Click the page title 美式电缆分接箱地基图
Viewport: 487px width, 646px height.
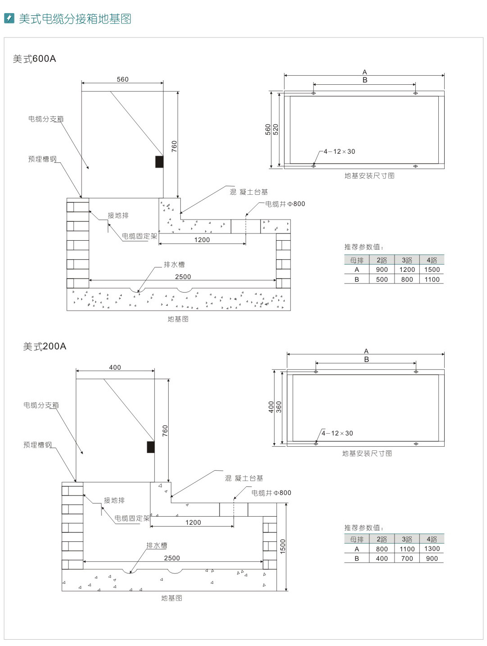(75, 19)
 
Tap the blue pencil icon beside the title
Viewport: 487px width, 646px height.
(9, 18)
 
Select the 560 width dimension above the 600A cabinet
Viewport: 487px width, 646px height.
(123, 79)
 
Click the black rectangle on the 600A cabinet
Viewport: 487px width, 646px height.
(159, 161)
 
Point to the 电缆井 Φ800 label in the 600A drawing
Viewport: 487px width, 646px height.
(285, 204)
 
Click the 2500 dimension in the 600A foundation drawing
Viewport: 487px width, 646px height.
(183, 277)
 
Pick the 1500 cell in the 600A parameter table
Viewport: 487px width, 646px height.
(432, 270)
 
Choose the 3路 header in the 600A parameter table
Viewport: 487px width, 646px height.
(407, 260)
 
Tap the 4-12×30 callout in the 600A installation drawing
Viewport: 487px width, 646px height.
(339, 151)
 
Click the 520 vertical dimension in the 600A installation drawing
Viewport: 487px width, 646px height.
(276, 129)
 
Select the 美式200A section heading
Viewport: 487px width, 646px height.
(45, 346)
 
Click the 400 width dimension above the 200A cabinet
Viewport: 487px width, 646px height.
(115, 367)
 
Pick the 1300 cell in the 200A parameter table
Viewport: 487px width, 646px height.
(432, 549)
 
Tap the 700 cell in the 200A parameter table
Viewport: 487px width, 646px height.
(407, 559)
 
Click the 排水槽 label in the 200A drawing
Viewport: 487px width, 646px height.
(156, 545)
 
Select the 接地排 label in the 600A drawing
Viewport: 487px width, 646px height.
(118, 215)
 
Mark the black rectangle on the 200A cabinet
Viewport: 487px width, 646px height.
(151, 447)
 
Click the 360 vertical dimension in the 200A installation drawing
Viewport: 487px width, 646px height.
(279, 407)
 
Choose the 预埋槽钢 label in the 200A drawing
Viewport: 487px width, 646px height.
(37, 445)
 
